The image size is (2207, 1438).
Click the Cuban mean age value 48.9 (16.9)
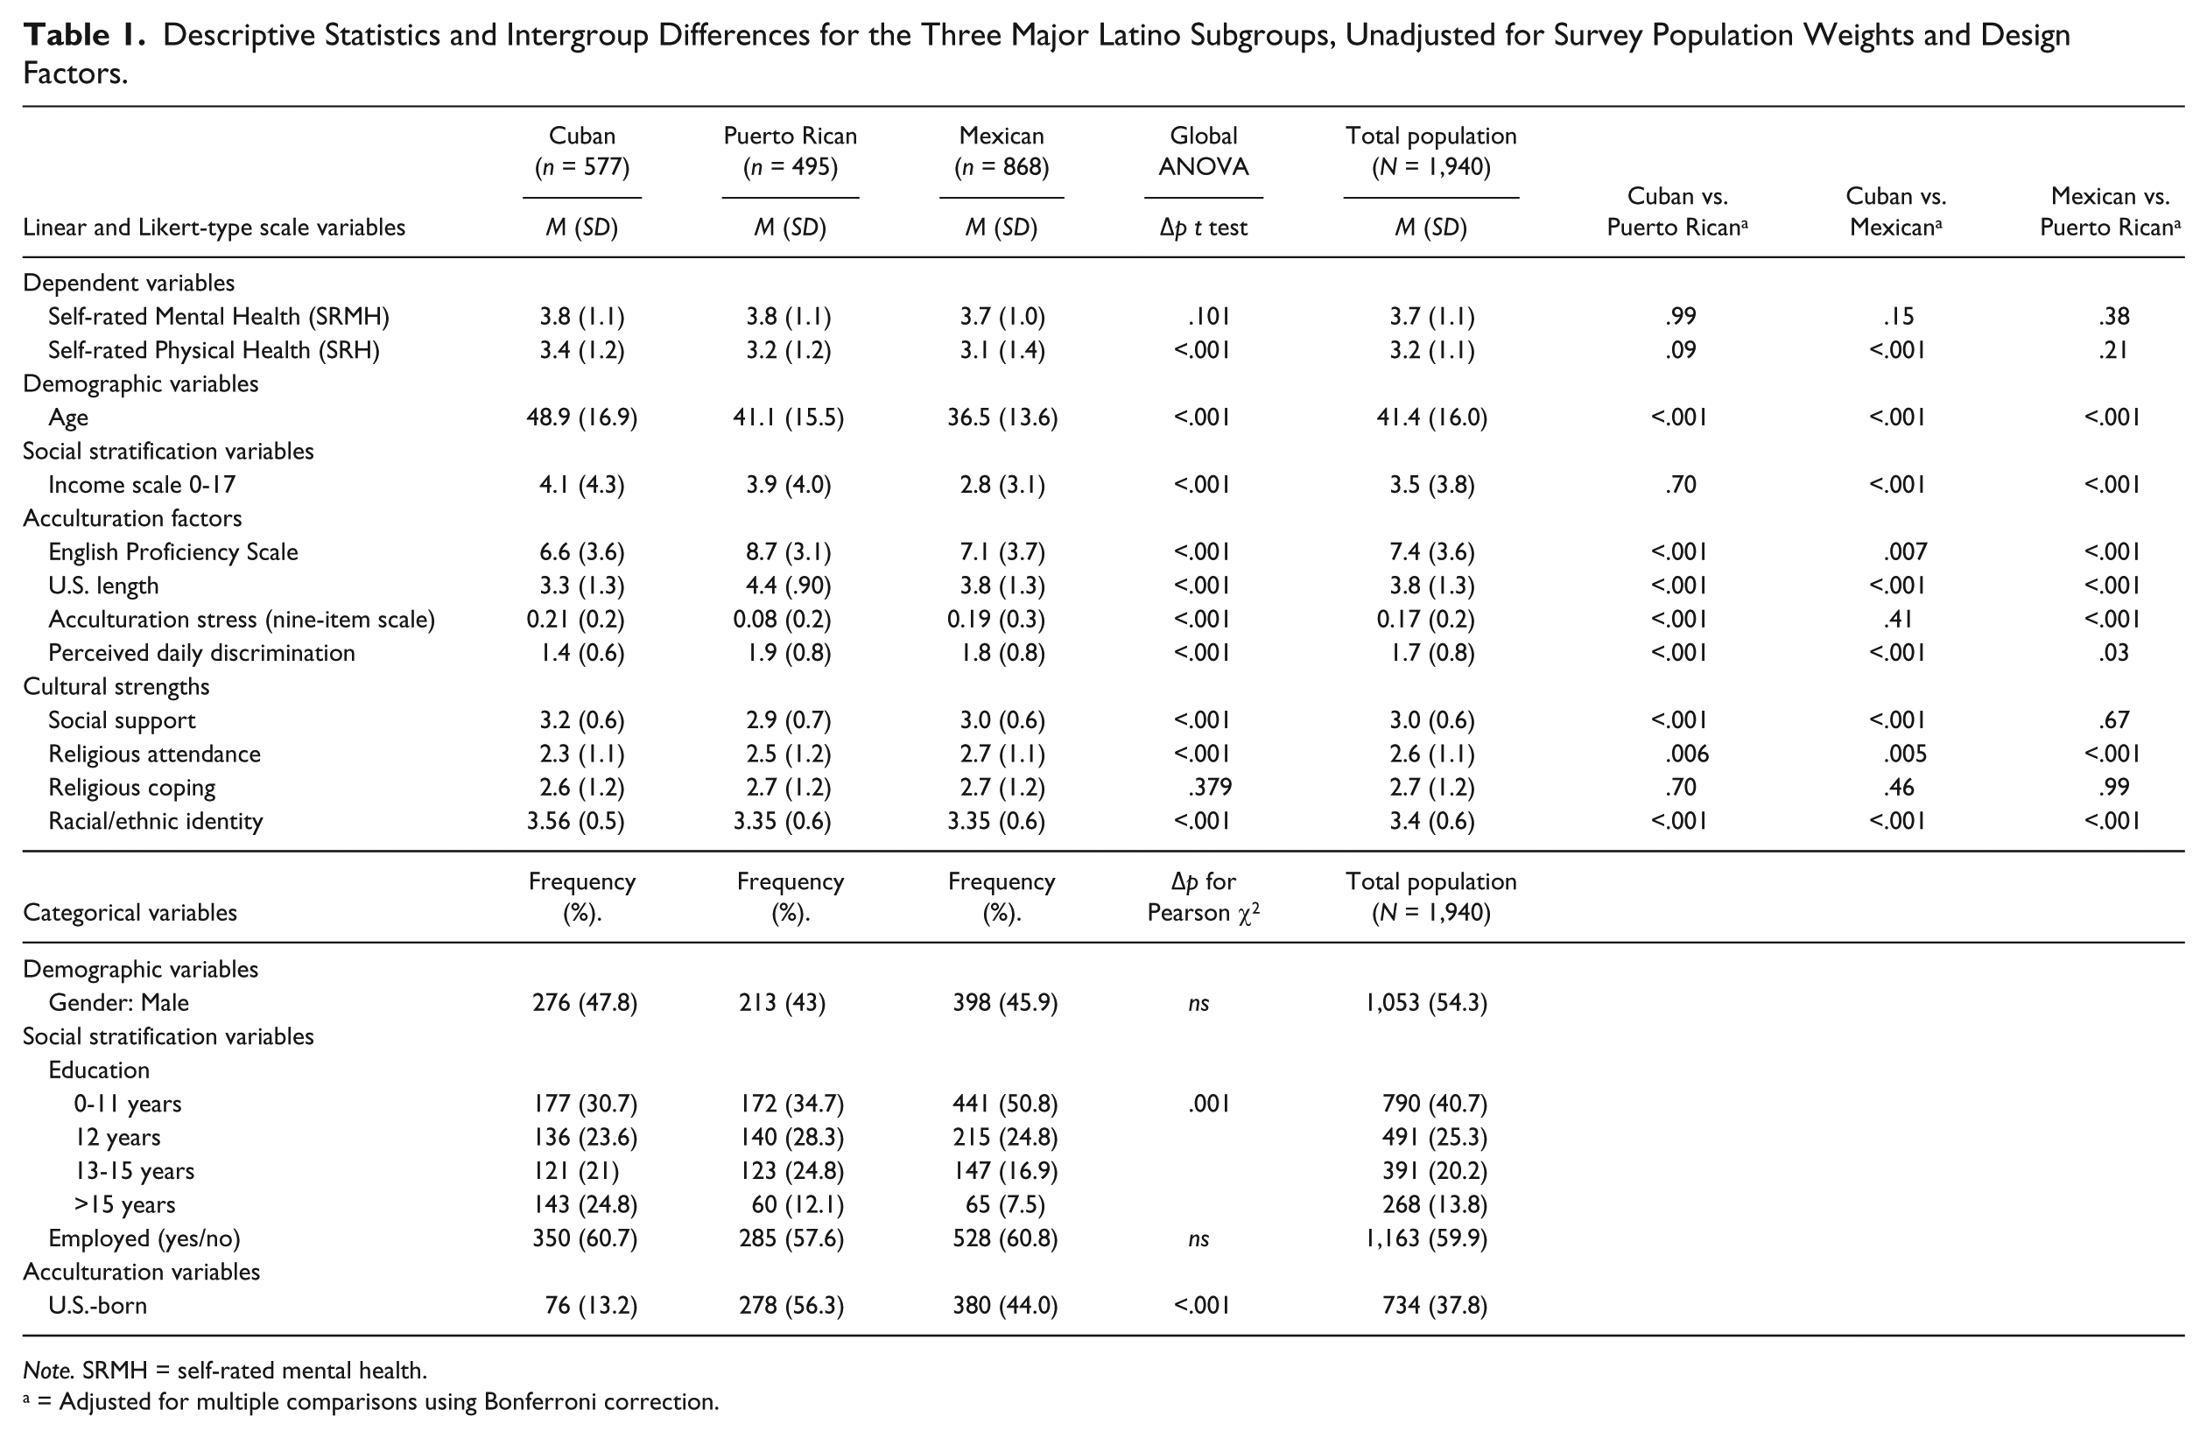pos(581,417)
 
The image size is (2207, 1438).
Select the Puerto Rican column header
pos(790,151)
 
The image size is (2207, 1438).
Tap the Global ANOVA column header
pos(1204,151)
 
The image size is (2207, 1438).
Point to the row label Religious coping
pos(131,788)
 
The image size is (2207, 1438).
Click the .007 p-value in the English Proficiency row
pos(1905,551)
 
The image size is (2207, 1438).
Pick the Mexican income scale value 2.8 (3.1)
pos(1002,485)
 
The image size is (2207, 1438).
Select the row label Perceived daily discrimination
pos(201,654)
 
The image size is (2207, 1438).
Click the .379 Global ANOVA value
pos(1210,787)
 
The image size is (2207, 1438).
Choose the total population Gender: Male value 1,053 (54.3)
pos(1426,1003)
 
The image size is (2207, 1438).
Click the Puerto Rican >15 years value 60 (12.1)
pos(798,1204)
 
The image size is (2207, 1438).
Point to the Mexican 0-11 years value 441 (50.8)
pos(1005,1104)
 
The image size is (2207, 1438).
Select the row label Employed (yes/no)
pos(144,1238)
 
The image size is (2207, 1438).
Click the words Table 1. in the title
pos(84,35)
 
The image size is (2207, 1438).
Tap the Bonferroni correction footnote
pos(371,1401)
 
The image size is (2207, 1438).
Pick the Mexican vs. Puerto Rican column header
pos(2110,212)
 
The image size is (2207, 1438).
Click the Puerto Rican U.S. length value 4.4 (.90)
pos(790,586)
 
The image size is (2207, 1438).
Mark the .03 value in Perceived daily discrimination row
pos(2113,653)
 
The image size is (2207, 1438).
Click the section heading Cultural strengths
pos(116,687)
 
